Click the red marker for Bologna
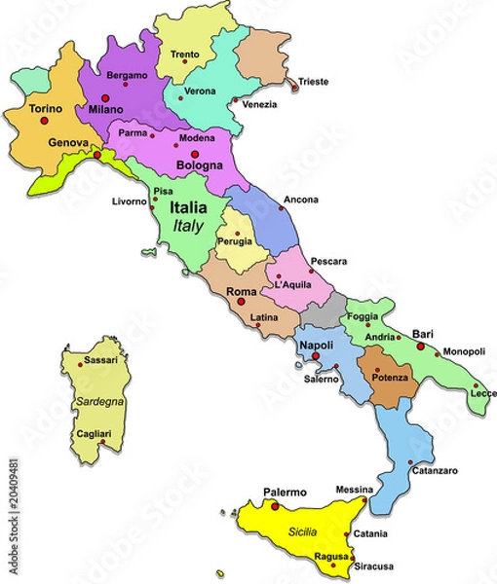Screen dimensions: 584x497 195,154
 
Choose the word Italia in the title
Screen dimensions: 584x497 187,208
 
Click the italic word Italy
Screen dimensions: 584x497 187,226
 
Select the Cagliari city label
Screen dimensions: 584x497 94,433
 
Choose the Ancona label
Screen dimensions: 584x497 300,200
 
